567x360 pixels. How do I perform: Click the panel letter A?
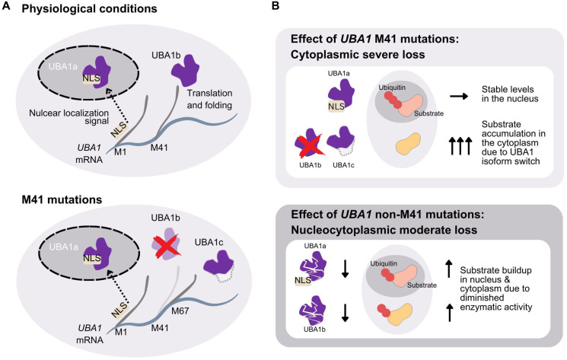click(6, 7)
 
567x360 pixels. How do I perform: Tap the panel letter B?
click(276, 6)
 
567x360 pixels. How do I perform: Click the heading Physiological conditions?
click(89, 8)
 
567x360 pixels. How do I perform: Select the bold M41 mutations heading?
click(62, 199)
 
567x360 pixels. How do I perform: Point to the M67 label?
click(180, 311)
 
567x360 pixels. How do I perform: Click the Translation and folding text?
click(210, 99)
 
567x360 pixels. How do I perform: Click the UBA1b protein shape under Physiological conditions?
click(185, 70)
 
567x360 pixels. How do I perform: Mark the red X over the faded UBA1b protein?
click(167, 247)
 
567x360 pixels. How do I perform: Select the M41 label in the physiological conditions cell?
click(159, 148)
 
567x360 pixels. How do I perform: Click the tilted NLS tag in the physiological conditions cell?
click(119, 129)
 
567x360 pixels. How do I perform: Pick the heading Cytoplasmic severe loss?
click(358, 55)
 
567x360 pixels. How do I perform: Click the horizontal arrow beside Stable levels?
click(459, 96)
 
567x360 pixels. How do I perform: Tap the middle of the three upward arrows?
click(460, 145)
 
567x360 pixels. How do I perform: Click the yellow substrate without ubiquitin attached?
click(409, 144)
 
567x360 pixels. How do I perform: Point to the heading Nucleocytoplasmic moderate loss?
click(384, 230)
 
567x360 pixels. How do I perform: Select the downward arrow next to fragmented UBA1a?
click(345, 269)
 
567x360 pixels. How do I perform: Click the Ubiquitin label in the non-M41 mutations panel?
click(384, 263)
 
